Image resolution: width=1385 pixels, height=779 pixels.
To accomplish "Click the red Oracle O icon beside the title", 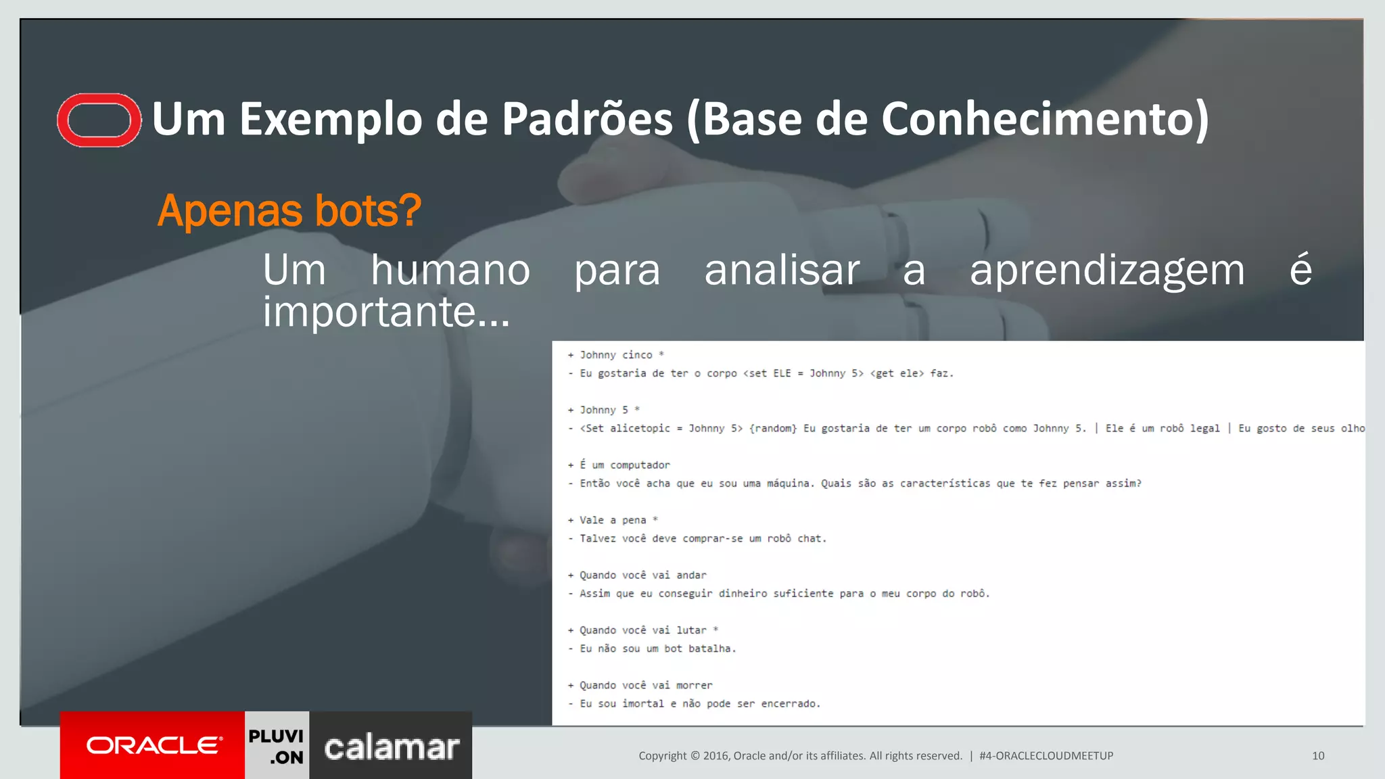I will coord(99,120).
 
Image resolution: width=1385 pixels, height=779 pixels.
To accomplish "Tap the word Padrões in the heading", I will coord(587,119).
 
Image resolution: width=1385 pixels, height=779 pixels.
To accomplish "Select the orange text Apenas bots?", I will coord(289,210).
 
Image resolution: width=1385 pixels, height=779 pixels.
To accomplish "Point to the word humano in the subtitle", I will coord(450,270).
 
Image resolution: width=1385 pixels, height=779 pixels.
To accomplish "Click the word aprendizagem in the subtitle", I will coord(1107,270).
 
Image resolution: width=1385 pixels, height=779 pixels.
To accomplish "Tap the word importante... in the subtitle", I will coord(386,312).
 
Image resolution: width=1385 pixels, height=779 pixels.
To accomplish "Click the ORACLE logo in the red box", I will coord(154,745).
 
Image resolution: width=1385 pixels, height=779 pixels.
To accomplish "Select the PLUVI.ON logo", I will coord(277,746).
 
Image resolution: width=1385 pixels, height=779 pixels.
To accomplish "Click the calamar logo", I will coord(392,747).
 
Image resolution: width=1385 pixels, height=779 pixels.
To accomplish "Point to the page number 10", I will coord(1318,756).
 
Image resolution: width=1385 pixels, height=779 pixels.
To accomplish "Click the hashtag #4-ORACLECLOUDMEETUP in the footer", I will coord(1046,756).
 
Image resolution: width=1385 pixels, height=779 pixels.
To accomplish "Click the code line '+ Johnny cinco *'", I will coord(616,355).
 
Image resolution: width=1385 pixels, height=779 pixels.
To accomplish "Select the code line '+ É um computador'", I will coord(619,465).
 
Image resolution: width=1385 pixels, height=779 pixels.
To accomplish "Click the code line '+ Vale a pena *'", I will coord(613,520).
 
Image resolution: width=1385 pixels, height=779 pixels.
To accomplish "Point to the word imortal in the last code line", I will coord(642,704).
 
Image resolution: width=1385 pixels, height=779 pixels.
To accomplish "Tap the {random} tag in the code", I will coord(773,429).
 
